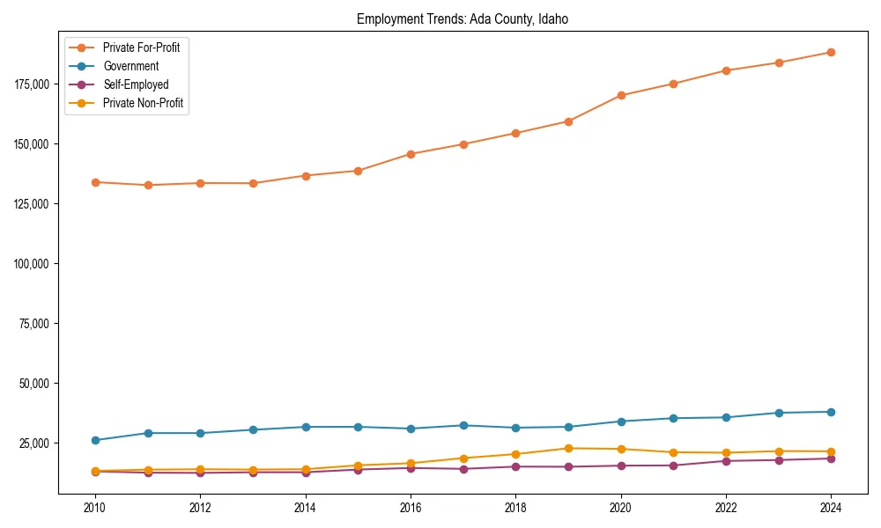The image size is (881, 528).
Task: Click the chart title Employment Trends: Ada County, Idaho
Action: (463, 19)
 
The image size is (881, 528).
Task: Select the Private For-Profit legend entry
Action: (141, 48)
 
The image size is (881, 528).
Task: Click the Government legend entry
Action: (130, 66)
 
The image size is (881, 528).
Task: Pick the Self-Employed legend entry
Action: (135, 84)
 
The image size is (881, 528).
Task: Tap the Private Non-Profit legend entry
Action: (143, 103)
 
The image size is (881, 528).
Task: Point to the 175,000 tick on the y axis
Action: (33, 84)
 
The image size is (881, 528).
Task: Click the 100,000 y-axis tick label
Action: (33, 263)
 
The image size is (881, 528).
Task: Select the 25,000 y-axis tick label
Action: (35, 443)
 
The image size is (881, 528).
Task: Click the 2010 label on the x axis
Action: (95, 508)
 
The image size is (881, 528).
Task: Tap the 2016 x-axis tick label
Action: (411, 508)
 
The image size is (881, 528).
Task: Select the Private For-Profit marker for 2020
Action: (621, 95)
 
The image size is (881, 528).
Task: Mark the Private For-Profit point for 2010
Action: (95, 182)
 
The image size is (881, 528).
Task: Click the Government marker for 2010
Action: (95, 440)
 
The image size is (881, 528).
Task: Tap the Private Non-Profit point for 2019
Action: (568, 448)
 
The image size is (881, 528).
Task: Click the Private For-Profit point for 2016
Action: (411, 154)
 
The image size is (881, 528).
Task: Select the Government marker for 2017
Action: (463, 425)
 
